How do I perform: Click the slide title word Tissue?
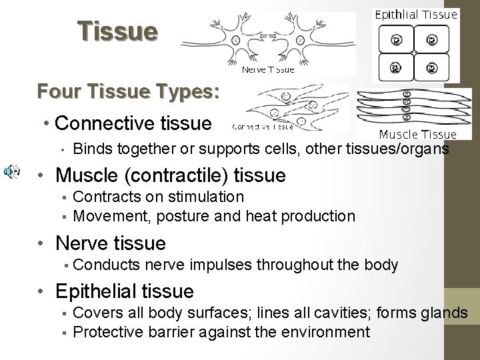[118, 31]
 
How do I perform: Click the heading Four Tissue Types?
[128, 91]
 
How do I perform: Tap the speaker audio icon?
[11, 172]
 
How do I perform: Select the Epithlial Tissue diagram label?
[417, 14]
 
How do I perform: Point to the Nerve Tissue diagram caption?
[267, 69]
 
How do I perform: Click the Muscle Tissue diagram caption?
[417, 134]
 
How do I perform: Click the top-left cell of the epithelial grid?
[395, 39]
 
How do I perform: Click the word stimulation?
[205, 197]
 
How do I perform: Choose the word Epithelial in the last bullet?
[97, 291]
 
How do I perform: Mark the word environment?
[327, 332]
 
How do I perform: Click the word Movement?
[107, 216]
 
